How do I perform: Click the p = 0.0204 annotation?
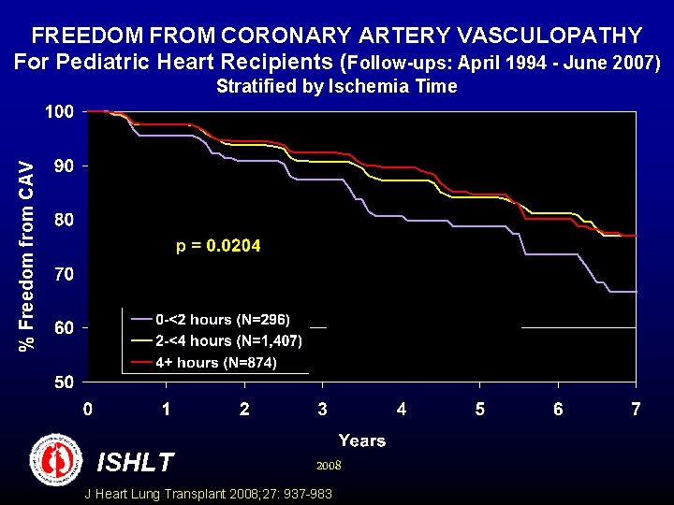click(218, 246)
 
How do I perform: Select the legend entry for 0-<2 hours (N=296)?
click(223, 320)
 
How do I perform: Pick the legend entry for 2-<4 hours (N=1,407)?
click(228, 340)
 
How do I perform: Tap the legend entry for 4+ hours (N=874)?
click(215, 362)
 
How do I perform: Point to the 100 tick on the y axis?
click(58, 111)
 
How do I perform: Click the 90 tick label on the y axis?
click(62, 166)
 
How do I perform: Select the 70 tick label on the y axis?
click(62, 275)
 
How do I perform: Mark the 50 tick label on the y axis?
click(62, 382)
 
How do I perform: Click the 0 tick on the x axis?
click(87, 409)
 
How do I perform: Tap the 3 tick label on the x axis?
click(322, 409)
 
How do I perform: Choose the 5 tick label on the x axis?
click(479, 409)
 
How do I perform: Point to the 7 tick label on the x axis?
click(636, 409)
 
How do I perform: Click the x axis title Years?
click(361, 440)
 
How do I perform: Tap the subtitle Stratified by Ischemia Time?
click(336, 87)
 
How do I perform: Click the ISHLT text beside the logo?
click(136, 462)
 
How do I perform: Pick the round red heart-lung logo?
click(56, 459)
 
